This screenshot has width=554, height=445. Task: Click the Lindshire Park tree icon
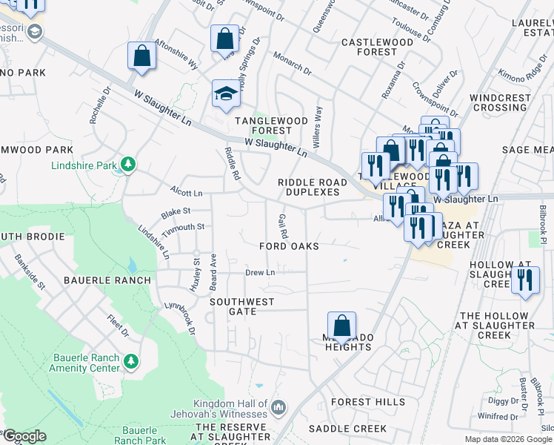click(x=128, y=163)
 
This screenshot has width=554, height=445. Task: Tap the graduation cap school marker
click(x=227, y=93)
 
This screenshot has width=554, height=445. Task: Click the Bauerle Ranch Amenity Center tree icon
click(x=131, y=361)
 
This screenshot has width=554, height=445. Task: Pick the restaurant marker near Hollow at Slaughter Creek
click(x=525, y=280)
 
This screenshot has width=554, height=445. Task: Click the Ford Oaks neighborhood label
click(x=289, y=246)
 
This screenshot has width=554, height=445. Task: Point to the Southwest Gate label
click(x=241, y=302)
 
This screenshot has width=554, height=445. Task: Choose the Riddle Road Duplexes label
click(x=308, y=187)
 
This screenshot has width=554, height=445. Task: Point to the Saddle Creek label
click(x=347, y=429)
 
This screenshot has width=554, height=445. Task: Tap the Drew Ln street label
click(x=260, y=273)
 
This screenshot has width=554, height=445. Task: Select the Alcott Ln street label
click(x=185, y=193)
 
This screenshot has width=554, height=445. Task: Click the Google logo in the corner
click(x=24, y=436)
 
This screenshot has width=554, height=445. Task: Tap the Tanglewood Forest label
click(x=264, y=125)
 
